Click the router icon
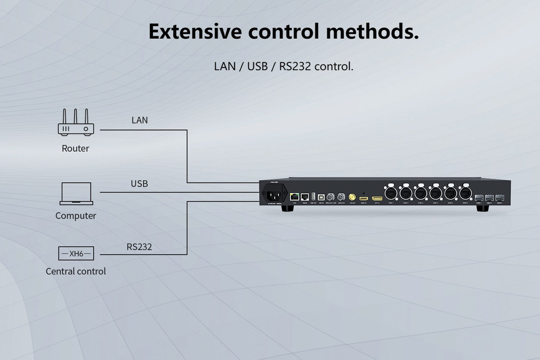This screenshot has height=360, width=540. [76, 122]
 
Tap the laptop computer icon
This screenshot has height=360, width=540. [76, 194]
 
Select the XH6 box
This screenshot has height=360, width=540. [76, 253]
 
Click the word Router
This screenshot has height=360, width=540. [75, 148]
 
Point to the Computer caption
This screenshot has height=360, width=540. [76, 216]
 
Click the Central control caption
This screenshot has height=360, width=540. [76, 271]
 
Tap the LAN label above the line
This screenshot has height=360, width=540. [140, 120]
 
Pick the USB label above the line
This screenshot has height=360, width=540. [139, 184]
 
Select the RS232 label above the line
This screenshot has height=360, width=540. [139, 247]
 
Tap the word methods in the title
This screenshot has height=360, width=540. [372, 31]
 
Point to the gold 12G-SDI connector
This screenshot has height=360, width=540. [352, 197]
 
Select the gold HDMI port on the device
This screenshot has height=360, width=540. [363, 198]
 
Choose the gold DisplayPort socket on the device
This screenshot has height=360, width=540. [377, 198]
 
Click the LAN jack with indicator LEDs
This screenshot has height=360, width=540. [294, 197]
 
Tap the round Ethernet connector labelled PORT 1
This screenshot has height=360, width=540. [391, 193]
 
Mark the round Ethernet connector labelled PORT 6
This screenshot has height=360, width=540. [465, 193]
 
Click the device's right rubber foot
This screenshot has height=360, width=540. [482, 208]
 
